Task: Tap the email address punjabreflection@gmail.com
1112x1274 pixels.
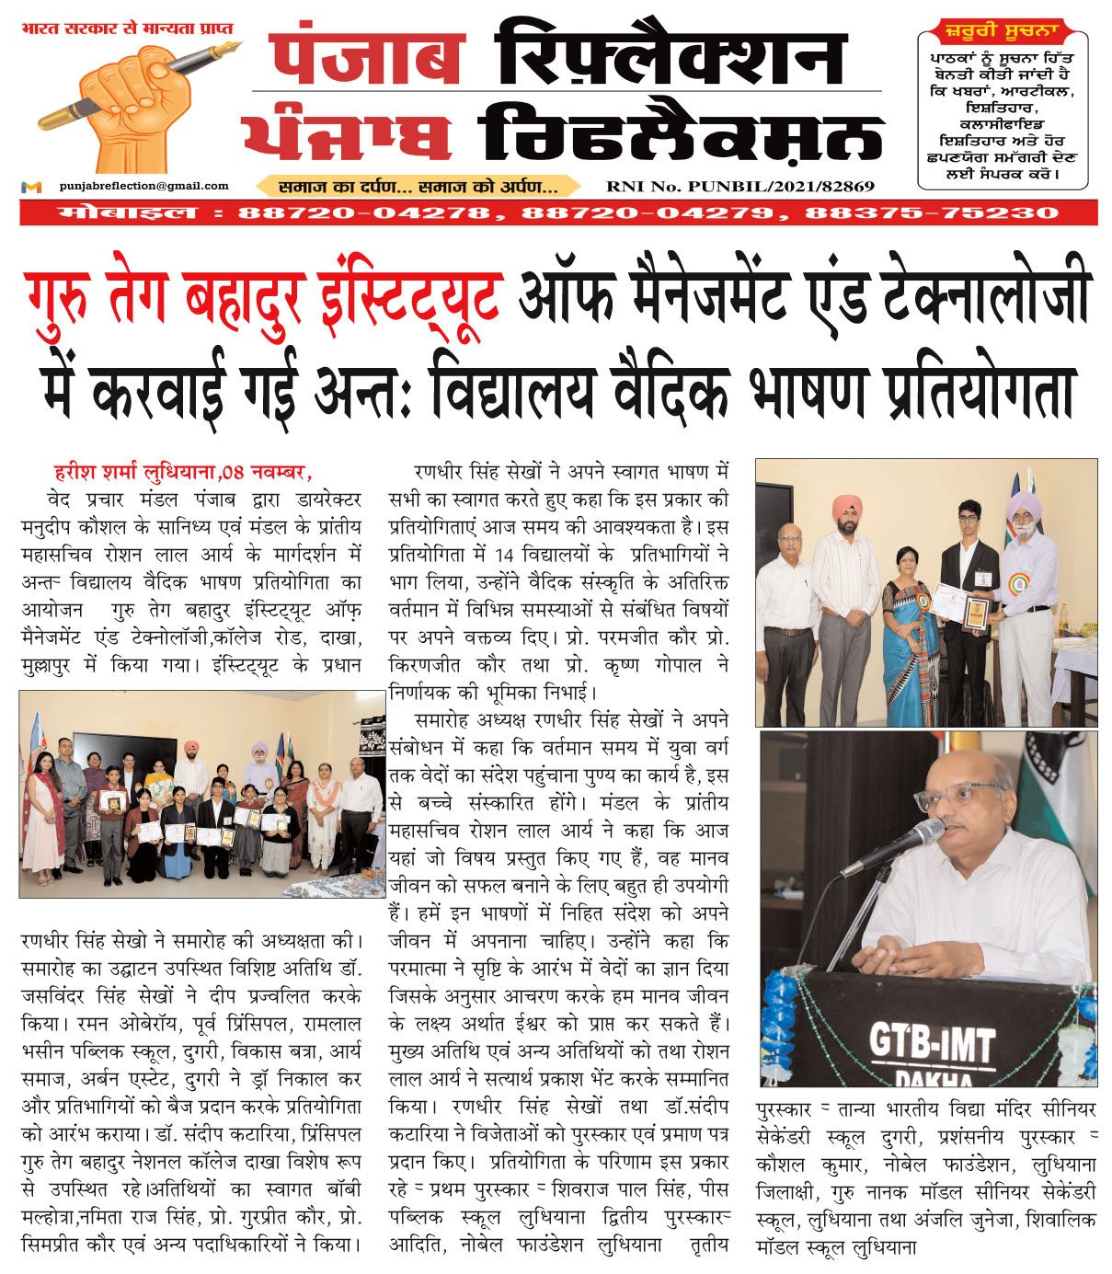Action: [143, 186]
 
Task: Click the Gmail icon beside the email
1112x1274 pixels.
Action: [31, 187]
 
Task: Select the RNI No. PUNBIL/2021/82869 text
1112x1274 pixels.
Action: [739, 187]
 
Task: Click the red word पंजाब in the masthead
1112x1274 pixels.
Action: [367, 57]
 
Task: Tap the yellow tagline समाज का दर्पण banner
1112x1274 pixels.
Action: [418, 187]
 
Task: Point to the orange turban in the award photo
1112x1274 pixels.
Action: [846, 507]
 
